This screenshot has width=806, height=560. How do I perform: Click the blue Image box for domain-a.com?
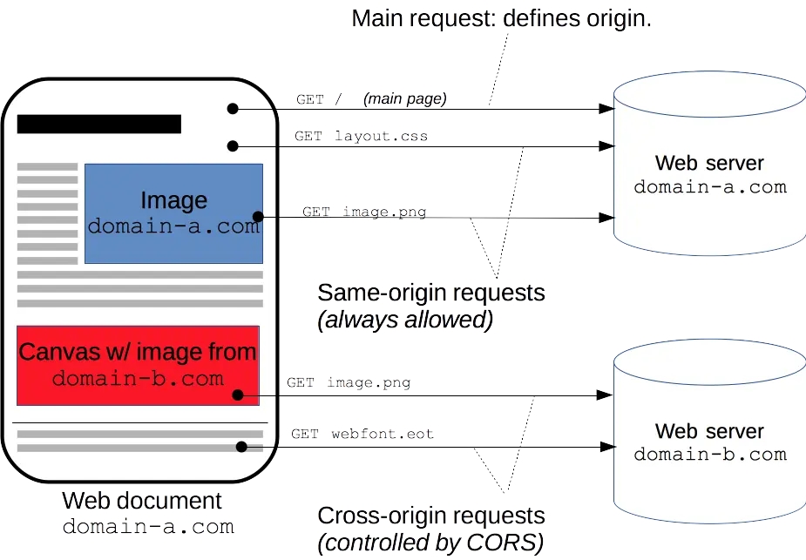(x=173, y=213)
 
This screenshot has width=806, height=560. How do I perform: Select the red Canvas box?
(x=138, y=365)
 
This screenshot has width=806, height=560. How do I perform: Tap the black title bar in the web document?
(x=98, y=124)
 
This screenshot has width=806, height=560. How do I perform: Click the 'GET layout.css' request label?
(x=361, y=137)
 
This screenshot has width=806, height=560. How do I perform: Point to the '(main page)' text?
(x=404, y=99)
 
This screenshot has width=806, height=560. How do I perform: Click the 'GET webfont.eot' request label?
(x=362, y=433)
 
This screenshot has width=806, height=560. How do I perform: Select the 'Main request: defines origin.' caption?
(x=502, y=18)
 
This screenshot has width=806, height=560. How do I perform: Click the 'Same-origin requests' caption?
(x=430, y=293)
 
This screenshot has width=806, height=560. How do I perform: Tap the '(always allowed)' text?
(x=404, y=320)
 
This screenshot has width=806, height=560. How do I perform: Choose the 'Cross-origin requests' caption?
(x=430, y=516)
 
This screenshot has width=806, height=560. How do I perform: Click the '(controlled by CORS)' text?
(x=430, y=543)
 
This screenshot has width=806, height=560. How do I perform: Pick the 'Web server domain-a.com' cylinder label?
(x=709, y=174)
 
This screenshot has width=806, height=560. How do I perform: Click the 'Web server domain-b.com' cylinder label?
(x=709, y=442)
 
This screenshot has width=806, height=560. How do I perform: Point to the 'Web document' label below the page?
(x=143, y=502)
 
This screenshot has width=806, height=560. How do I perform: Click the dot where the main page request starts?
(x=233, y=108)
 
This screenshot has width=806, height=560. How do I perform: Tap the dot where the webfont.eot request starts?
(x=241, y=448)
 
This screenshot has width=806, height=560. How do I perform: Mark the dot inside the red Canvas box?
(x=239, y=395)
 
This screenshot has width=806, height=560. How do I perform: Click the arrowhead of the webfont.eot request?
(x=603, y=448)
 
